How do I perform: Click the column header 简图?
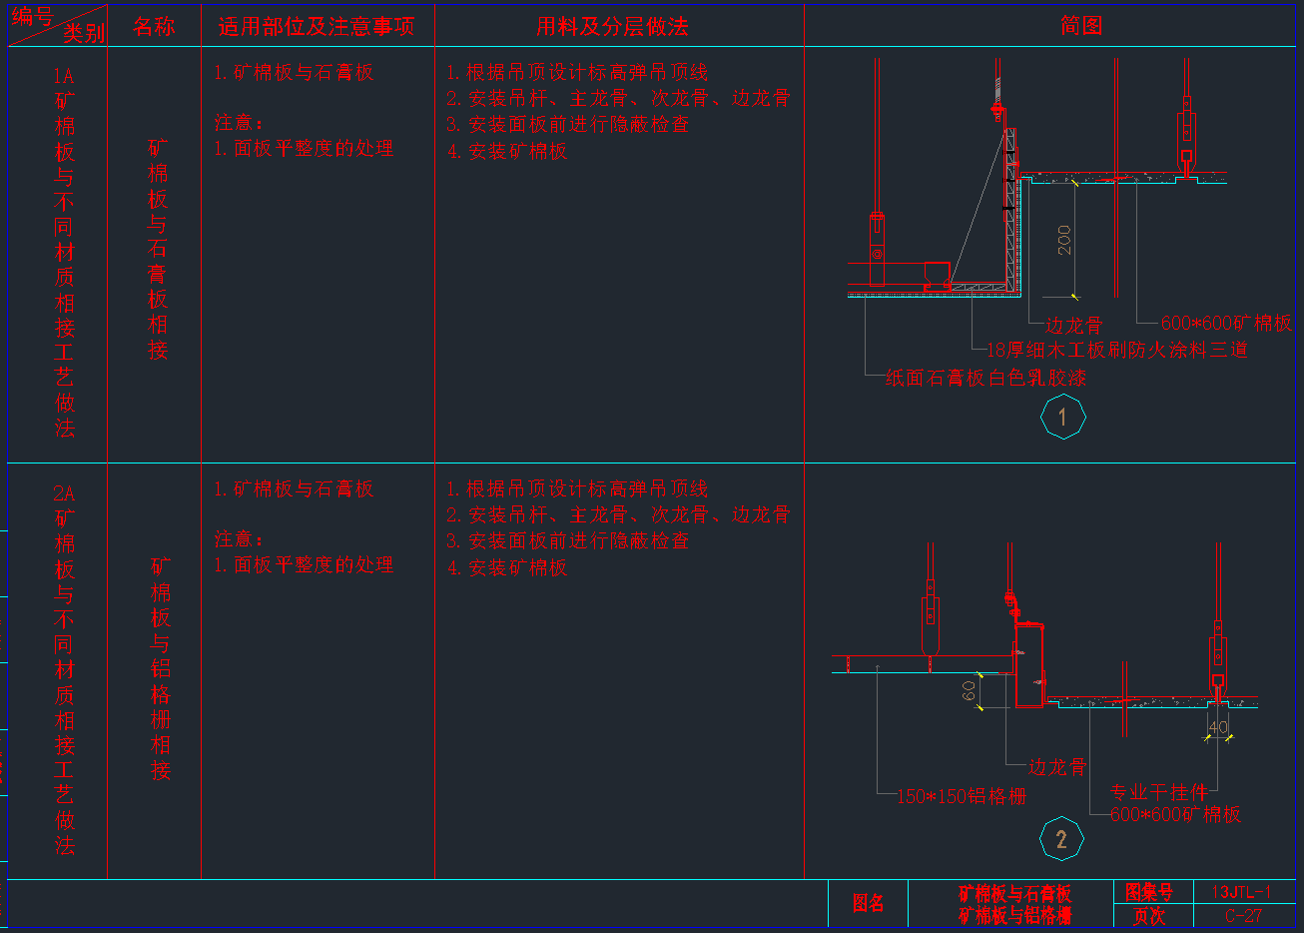pyautogui.click(x=1081, y=26)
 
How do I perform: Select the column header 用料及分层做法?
pyautogui.click(x=612, y=27)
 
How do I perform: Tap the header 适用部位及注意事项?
pyautogui.click(x=316, y=27)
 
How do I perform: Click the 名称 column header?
pyautogui.click(x=154, y=27)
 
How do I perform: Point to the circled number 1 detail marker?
pyautogui.click(x=1062, y=418)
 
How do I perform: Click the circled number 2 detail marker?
pyautogui.click(x=1061, y=839)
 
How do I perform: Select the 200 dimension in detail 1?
pyautogui.click(x=1064, y=240)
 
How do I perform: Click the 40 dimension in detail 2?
pyautogui.click(x=1218, y=728)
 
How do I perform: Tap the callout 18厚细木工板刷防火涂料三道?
pyautogui.click(x=1116, y=350)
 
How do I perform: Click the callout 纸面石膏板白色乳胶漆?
pyautogui.click(x=985, y=378)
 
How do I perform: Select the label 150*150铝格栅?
pyautogui.click(x=961, y=796)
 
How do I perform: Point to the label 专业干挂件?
pyautogui.click(x=1158, y=792)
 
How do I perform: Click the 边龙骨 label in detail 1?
pyautogui.click(x=1073, y=325)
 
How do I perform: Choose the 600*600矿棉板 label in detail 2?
pyautogui.click(x=1175, y=814)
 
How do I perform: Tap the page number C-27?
pyautogui.click(x=1243, y=915)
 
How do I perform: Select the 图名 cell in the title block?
pyautogui.click(x=868, y=904)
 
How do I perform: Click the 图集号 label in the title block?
pyautogui.click(x=1148, y=892)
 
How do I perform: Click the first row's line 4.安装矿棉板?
pyautogui.click(x=507, y=151)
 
